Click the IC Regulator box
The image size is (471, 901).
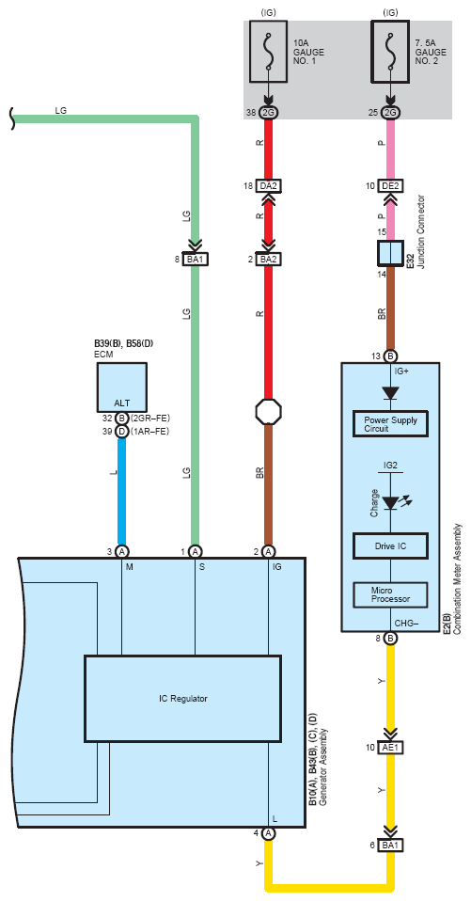(182, 699)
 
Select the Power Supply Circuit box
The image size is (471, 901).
(390, 425)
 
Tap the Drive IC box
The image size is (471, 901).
(390, 545)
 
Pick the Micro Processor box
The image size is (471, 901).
(390, 594)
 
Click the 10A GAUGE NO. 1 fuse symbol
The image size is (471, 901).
(268, 52)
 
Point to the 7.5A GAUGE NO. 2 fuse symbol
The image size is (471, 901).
(390, 52)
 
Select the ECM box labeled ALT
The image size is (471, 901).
(122, 387)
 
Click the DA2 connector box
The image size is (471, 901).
(268, 187)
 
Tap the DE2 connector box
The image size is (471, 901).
(390, 187)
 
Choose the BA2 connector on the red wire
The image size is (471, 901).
(268, 260)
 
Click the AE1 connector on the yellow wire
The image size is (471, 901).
(390, 748)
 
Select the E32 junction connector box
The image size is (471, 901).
(390, 253)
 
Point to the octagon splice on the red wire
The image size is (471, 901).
(268, 411)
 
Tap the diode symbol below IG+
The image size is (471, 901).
(390, 393)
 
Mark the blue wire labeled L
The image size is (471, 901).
(122, 491)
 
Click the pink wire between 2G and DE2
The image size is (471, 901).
(390, 150)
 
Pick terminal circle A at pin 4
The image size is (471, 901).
(268, 833)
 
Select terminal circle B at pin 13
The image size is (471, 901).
(390, 356)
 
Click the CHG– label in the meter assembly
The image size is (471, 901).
(406, 623)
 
